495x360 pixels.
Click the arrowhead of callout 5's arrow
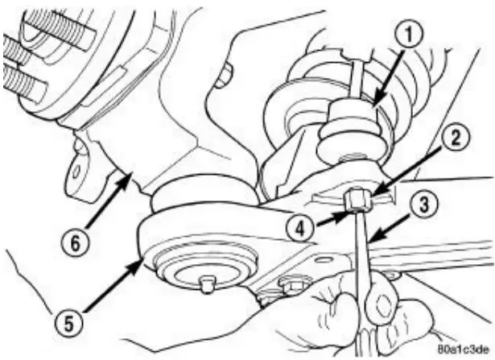[144, 259]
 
